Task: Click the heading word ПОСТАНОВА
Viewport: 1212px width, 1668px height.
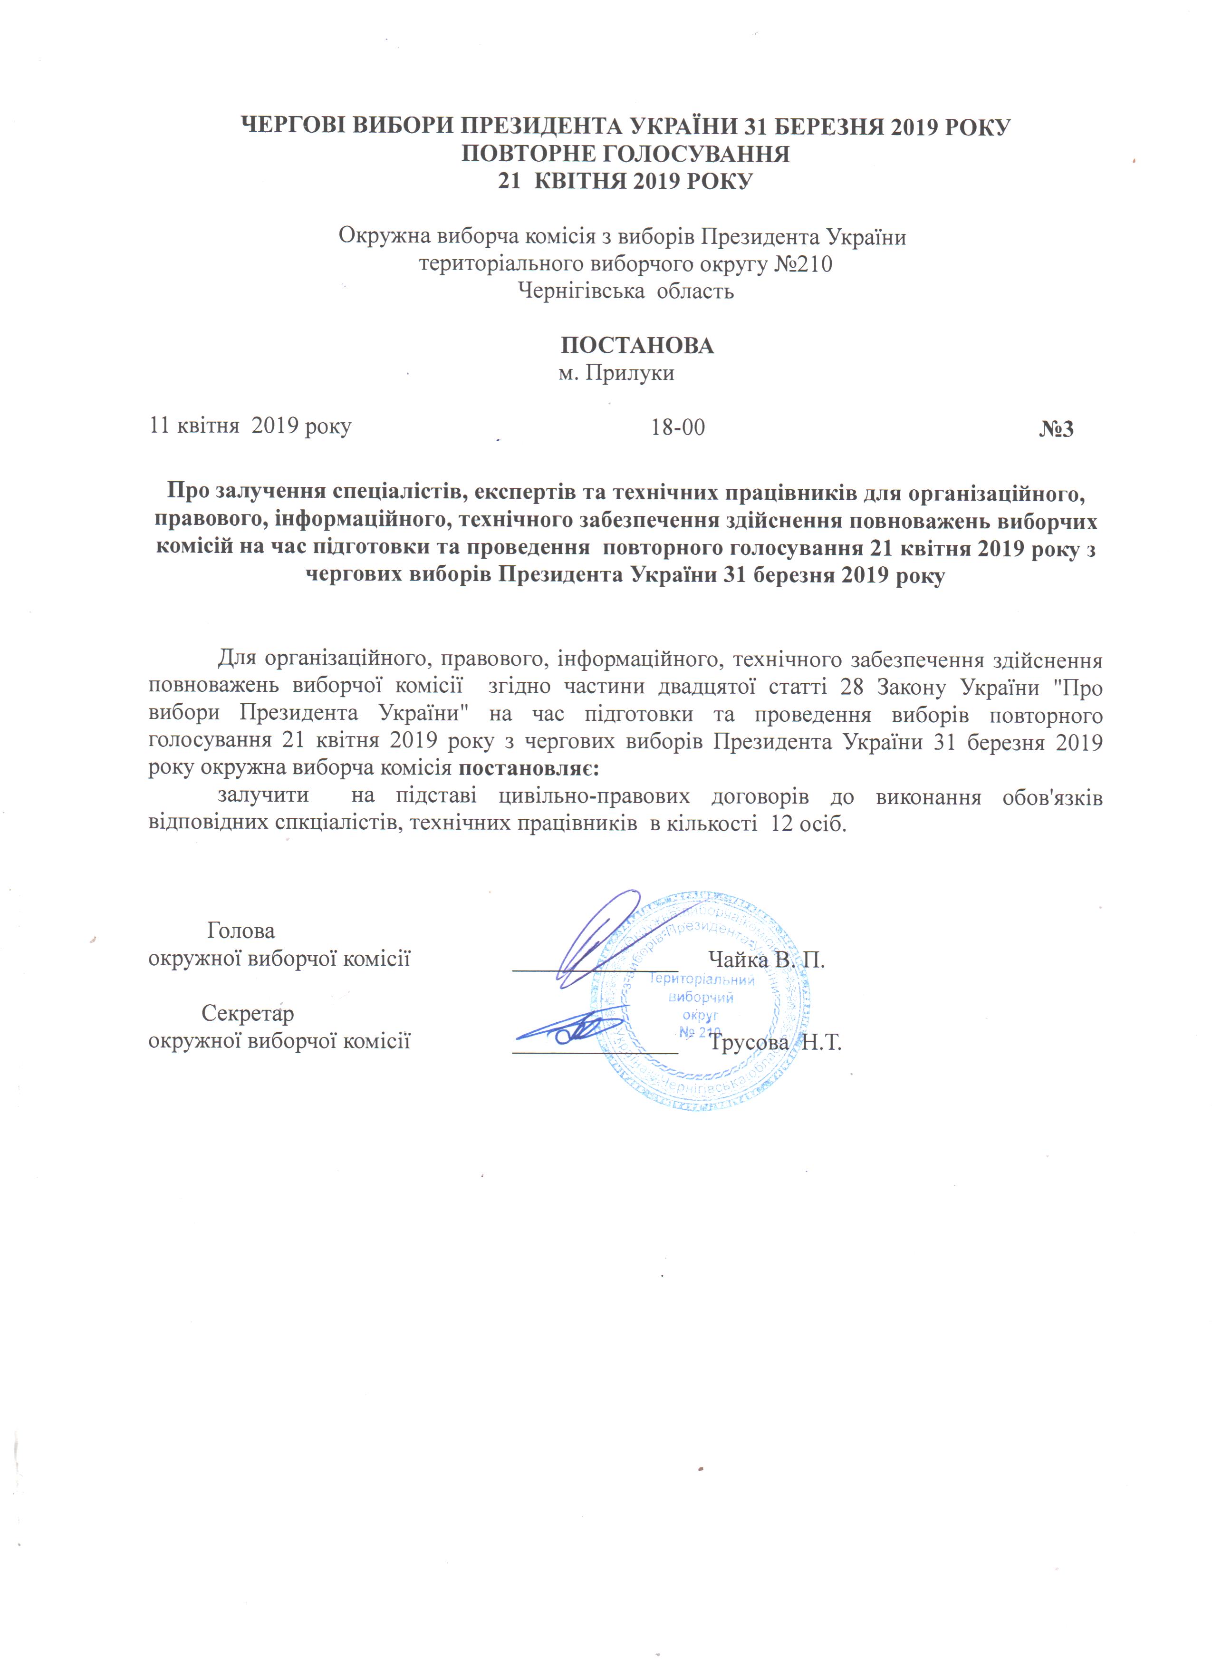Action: [x=637, y=346]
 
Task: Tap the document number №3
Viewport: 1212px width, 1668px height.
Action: [x=1056, y=429]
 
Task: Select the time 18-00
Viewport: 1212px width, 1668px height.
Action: [x=678, y=427]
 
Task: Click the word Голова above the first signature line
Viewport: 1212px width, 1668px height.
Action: [x=241, y=931]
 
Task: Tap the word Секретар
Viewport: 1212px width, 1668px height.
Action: [x=248, y=1013]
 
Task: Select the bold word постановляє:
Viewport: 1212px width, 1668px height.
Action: [x=529, y=768]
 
